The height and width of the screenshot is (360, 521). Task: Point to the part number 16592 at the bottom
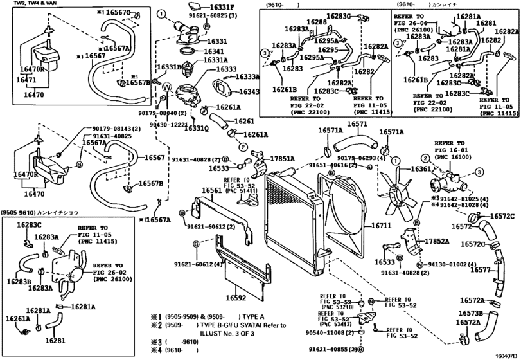click(236, 298)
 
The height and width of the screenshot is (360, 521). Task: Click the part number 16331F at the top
click(221, 8)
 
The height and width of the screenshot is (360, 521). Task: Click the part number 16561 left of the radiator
click(212, 192)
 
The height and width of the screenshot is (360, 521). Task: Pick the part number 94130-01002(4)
click(453, 264)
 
